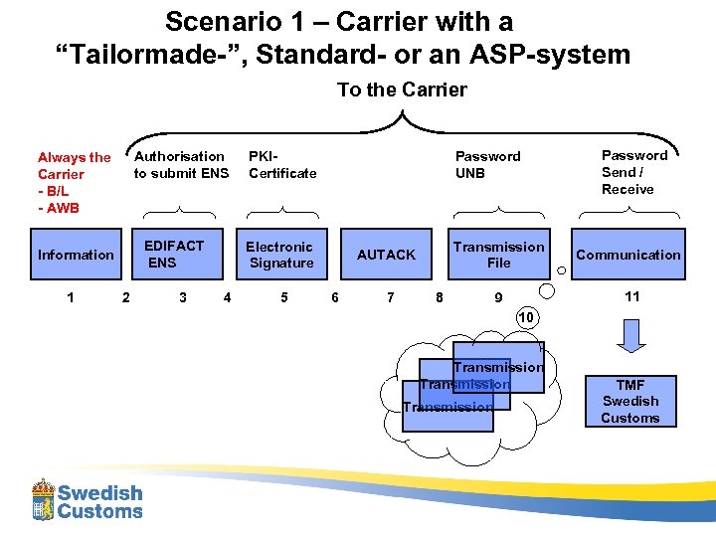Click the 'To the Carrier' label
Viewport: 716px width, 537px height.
click(x=402, y=89)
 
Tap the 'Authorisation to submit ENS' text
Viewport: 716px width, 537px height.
click(x=181, y=164)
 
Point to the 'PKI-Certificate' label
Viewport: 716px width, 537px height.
click(x=282, y=164)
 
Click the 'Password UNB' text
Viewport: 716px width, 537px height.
click(x=487, y=164)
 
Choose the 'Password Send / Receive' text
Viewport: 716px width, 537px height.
click(x=634, y=172)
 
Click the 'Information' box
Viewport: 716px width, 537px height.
click(x=76, y=255)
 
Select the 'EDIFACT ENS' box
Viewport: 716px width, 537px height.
click(x=175, y=255)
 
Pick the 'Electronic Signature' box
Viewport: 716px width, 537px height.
click(x=280, y=255)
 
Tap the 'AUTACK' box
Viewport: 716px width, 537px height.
click(x=386, y=255)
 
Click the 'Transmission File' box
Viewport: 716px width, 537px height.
click(x=498, y=255)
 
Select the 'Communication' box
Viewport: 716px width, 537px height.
click(x=628, y=255)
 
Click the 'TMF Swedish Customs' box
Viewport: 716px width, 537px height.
click(x=629, y=401)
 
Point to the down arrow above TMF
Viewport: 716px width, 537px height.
click(x=630, y=335)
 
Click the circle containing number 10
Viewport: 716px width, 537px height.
click(x=526, y=316)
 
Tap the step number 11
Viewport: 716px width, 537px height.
click(x=631, y=296)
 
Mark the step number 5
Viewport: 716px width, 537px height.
click(x=284, y=296)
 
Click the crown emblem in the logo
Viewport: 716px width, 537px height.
click(x=43, y=499)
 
